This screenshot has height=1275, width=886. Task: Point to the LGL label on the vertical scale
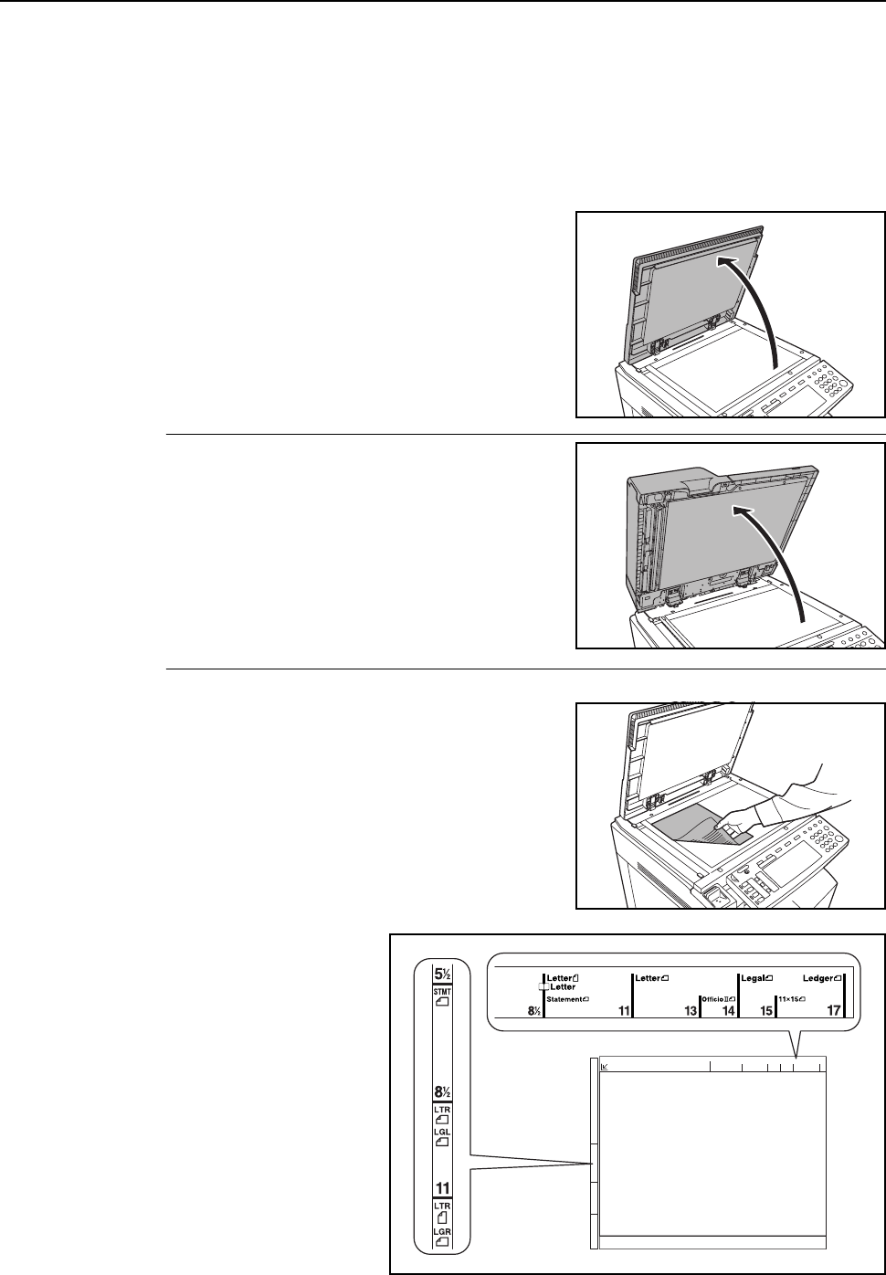443,1132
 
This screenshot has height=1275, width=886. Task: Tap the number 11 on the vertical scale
443,1188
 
